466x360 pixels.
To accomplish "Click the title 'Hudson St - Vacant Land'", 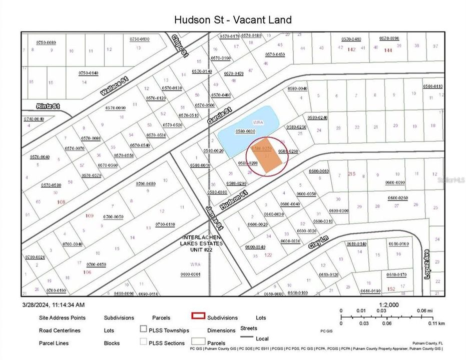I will pyautogui.click(x=233, y=20).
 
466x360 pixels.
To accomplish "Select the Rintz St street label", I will pyautogui.click(x=48, y=106).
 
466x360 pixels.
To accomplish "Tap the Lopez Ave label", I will pyautogui.click(x=427, y=271).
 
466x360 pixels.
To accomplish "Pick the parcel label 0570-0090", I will pyautogui.click(x=115, y=107).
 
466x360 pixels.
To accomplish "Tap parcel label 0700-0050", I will pyautogui.click(x=113, y=216).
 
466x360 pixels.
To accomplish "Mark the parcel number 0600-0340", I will pyautogui.click(x=255, y=246).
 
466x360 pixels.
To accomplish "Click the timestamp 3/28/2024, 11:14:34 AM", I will pyautogui.click(x=53, y=304).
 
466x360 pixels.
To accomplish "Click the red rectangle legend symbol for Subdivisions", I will pyautogui.click(x=199, y=316).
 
